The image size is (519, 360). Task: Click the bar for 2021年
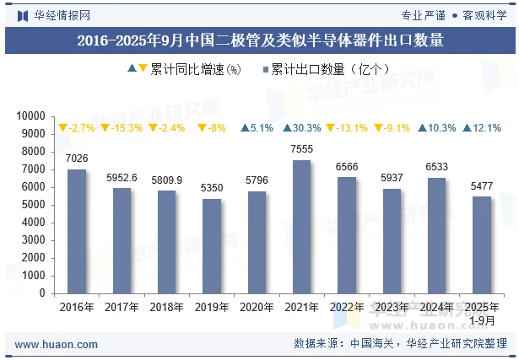[301, 227]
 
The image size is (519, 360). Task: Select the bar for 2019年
[212, 246]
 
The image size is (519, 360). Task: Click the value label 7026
[77, 159]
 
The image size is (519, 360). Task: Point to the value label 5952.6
[122, 178]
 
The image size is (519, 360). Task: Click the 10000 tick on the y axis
[31, 116]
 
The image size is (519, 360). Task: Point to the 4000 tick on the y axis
[34, 223]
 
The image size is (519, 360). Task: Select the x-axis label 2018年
[167, 308]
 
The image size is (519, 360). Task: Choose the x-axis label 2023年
[392, 308]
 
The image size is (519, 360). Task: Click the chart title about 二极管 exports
[259, 40]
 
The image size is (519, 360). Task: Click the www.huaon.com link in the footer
[57, 344]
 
